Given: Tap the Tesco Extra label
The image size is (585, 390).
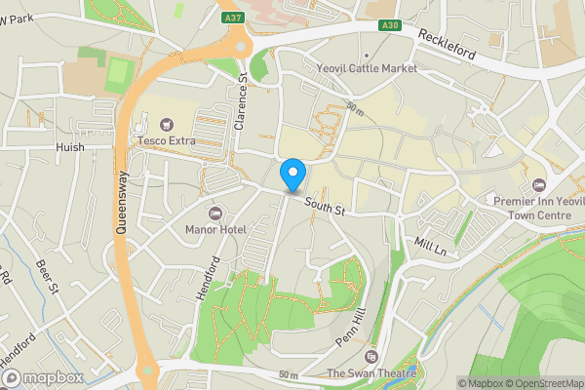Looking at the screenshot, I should pyautogui.click(x=166, y=141).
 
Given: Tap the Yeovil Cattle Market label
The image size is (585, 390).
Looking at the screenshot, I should pyautogui.click(x=367, y=69).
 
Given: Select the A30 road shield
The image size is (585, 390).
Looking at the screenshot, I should pyautogui.click(x=389, y=25).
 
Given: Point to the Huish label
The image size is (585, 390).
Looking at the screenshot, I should pyautogui.click(x=70, y=147).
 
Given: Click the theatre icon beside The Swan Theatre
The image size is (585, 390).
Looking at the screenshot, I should pyautogui.click(x=370, y=356).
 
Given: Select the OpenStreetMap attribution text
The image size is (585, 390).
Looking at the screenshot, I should pyautogui.click(x=543, y=382).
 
